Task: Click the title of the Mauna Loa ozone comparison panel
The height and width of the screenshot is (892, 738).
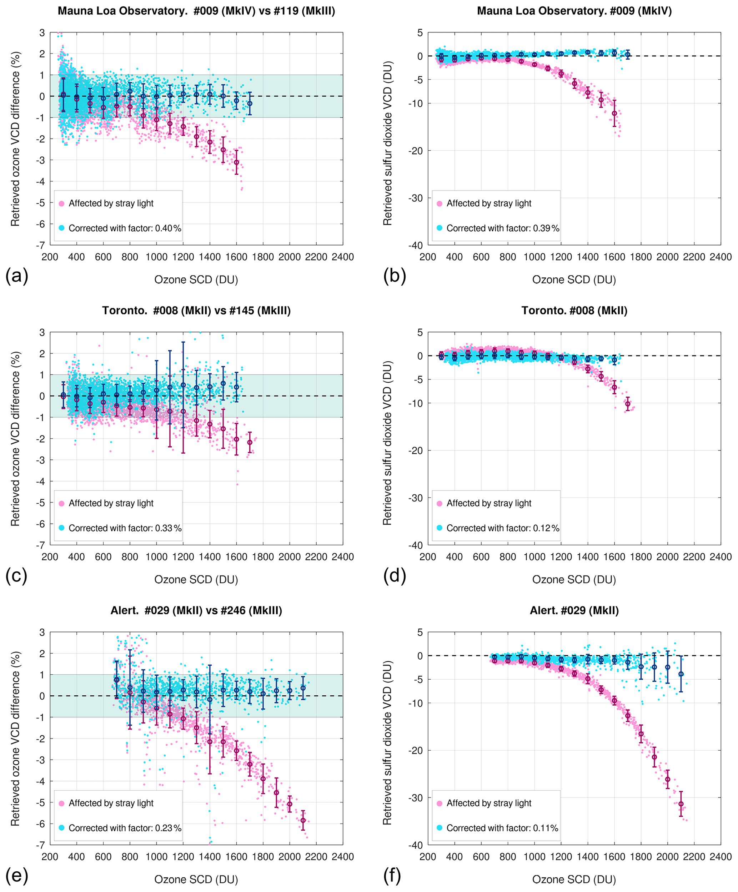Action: [196, 11]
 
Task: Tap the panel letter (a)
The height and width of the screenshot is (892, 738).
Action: [16, 276]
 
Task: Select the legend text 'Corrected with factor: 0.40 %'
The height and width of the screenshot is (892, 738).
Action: [125, 228]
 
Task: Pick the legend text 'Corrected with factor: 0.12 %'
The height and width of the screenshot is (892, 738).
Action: [503, 528]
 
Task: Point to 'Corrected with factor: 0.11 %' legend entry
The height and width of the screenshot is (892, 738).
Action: [502, 828]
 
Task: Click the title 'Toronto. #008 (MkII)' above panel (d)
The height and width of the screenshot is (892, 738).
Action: [574, 311]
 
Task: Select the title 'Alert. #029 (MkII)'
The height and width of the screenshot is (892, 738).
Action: [574, 610]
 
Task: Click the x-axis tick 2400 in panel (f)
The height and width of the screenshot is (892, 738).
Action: [721, 857]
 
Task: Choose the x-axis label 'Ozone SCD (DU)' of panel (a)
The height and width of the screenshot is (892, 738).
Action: [196, 280]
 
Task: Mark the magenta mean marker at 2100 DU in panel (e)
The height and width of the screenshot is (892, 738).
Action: [303, 821]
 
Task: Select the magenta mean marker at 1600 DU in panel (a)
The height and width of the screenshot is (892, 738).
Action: [237, 162]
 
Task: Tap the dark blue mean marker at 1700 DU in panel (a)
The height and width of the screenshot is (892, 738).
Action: [250, 104]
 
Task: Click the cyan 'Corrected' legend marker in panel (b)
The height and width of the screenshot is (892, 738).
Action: [439, 228]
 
